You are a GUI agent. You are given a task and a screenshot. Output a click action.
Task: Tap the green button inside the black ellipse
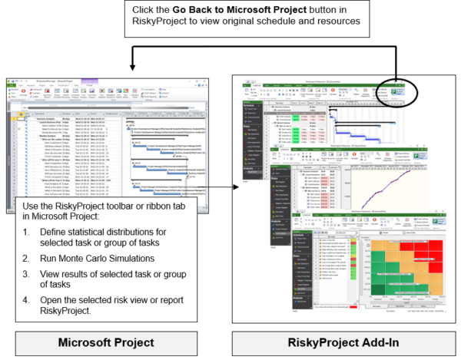(x=400, y=91)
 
